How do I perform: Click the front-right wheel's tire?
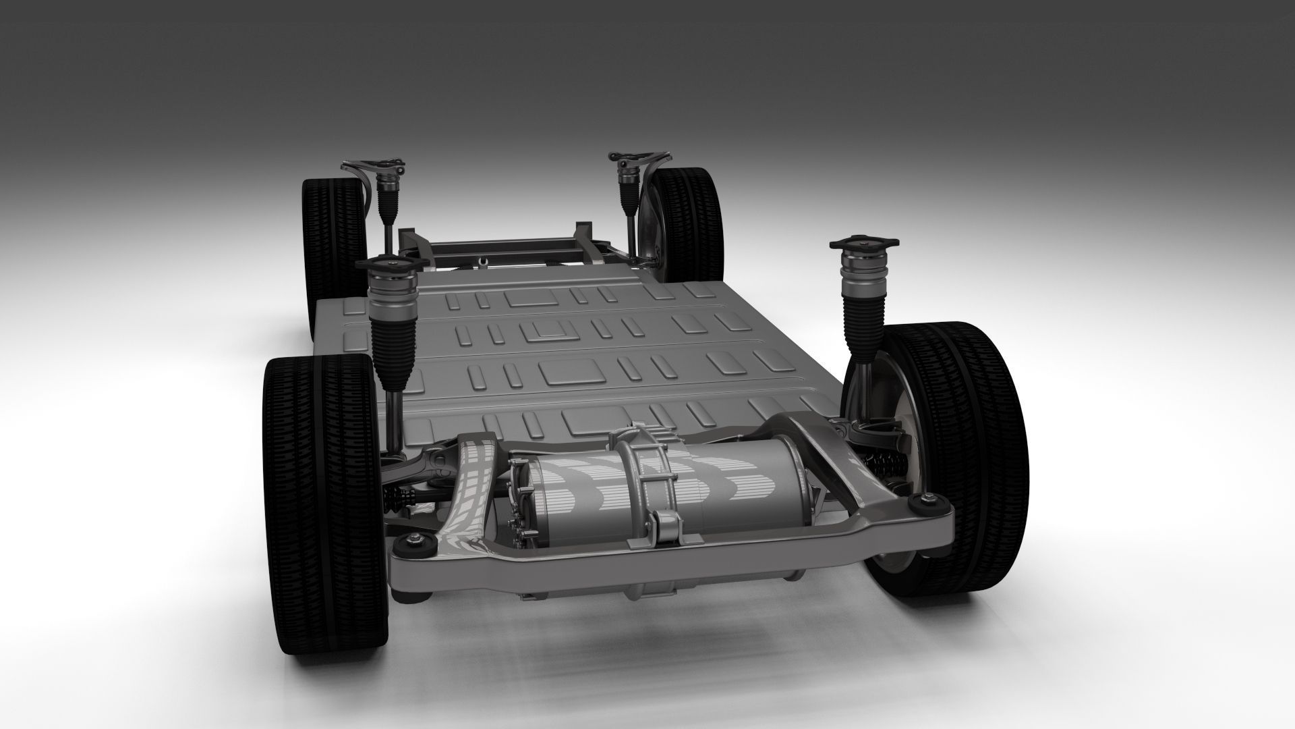tap(958, 459)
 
